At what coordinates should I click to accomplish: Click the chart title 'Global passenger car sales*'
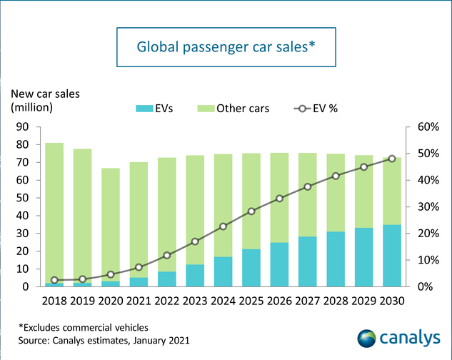point(226,46)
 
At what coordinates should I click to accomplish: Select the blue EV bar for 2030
point(391,256)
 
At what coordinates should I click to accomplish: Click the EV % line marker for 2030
point(391,159)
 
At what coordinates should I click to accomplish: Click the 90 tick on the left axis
point(24,127)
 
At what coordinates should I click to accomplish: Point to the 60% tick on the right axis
point(419,127)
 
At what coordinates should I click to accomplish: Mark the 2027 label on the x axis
point(307,301)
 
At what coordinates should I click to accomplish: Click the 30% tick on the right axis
point(419,207)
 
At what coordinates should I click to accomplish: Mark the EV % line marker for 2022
point(167,255)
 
